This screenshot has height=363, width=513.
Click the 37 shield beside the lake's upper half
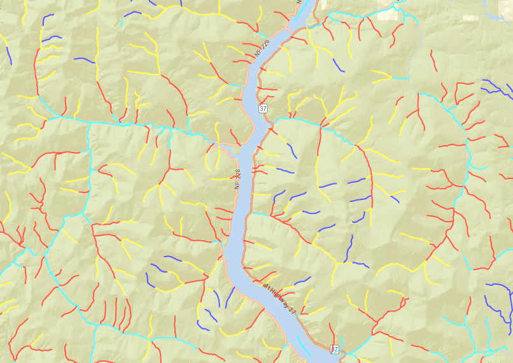click(263, 109)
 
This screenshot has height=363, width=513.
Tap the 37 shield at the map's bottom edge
click(334, 350)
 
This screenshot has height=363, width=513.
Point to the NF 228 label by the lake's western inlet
click(237, 178)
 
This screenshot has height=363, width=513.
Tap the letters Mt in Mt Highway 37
click(265, 286)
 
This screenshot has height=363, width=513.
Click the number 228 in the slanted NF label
click(265, 45)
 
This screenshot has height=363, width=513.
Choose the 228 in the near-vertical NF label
click(237, 174)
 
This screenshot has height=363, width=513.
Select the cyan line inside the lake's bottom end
click(304, 348)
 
